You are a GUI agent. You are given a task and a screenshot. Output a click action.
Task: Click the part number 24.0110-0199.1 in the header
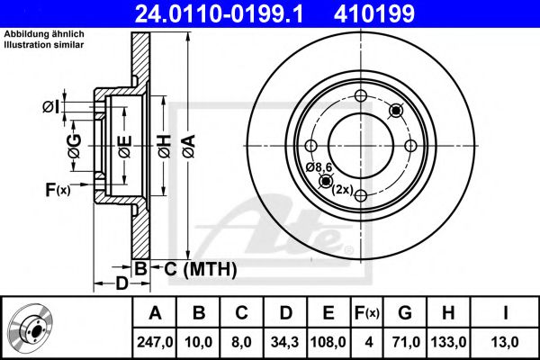click(x=219, y=13)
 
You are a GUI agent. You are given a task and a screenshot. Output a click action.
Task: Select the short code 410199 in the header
click(x=374, y=13)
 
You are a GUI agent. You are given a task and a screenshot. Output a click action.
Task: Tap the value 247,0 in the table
click(x=155, y=342)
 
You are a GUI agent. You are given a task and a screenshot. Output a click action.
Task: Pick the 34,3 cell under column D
click(x=284, y=342)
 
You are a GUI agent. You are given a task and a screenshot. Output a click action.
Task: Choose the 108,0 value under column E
click(x=328, y=342)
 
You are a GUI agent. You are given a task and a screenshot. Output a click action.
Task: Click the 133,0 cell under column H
click(x=448, y=342)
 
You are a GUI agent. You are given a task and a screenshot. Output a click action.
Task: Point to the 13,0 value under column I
click(x=505, y=342)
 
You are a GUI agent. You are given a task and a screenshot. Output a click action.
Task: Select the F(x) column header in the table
click(x=367, y=313)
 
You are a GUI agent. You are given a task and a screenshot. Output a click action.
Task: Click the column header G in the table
click(x=405, y=313)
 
